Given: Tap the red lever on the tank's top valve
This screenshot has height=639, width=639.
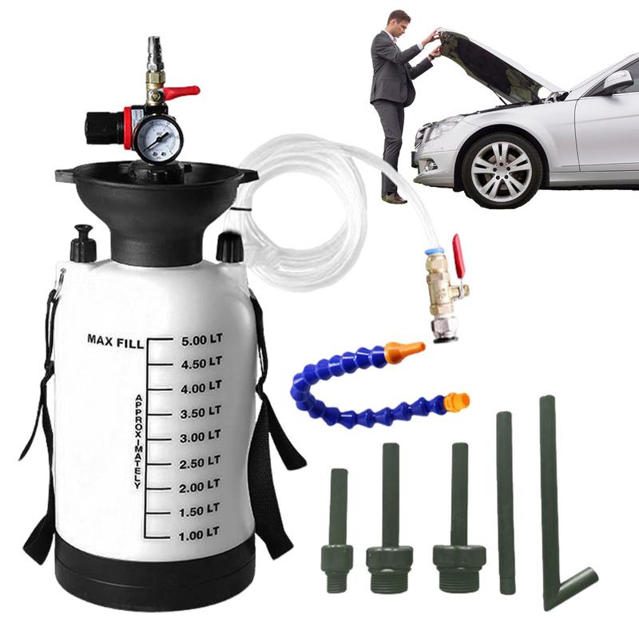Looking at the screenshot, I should pyautogui.click(x=182, y=93).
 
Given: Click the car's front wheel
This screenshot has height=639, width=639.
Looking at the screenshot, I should pyautogui.click(x=501, y=170).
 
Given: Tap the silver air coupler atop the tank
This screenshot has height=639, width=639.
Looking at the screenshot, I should pyautogui.click(x=153, y=52).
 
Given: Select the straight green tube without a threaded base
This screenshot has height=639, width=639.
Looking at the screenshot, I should pyautogui.click(x=505, y=503).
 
